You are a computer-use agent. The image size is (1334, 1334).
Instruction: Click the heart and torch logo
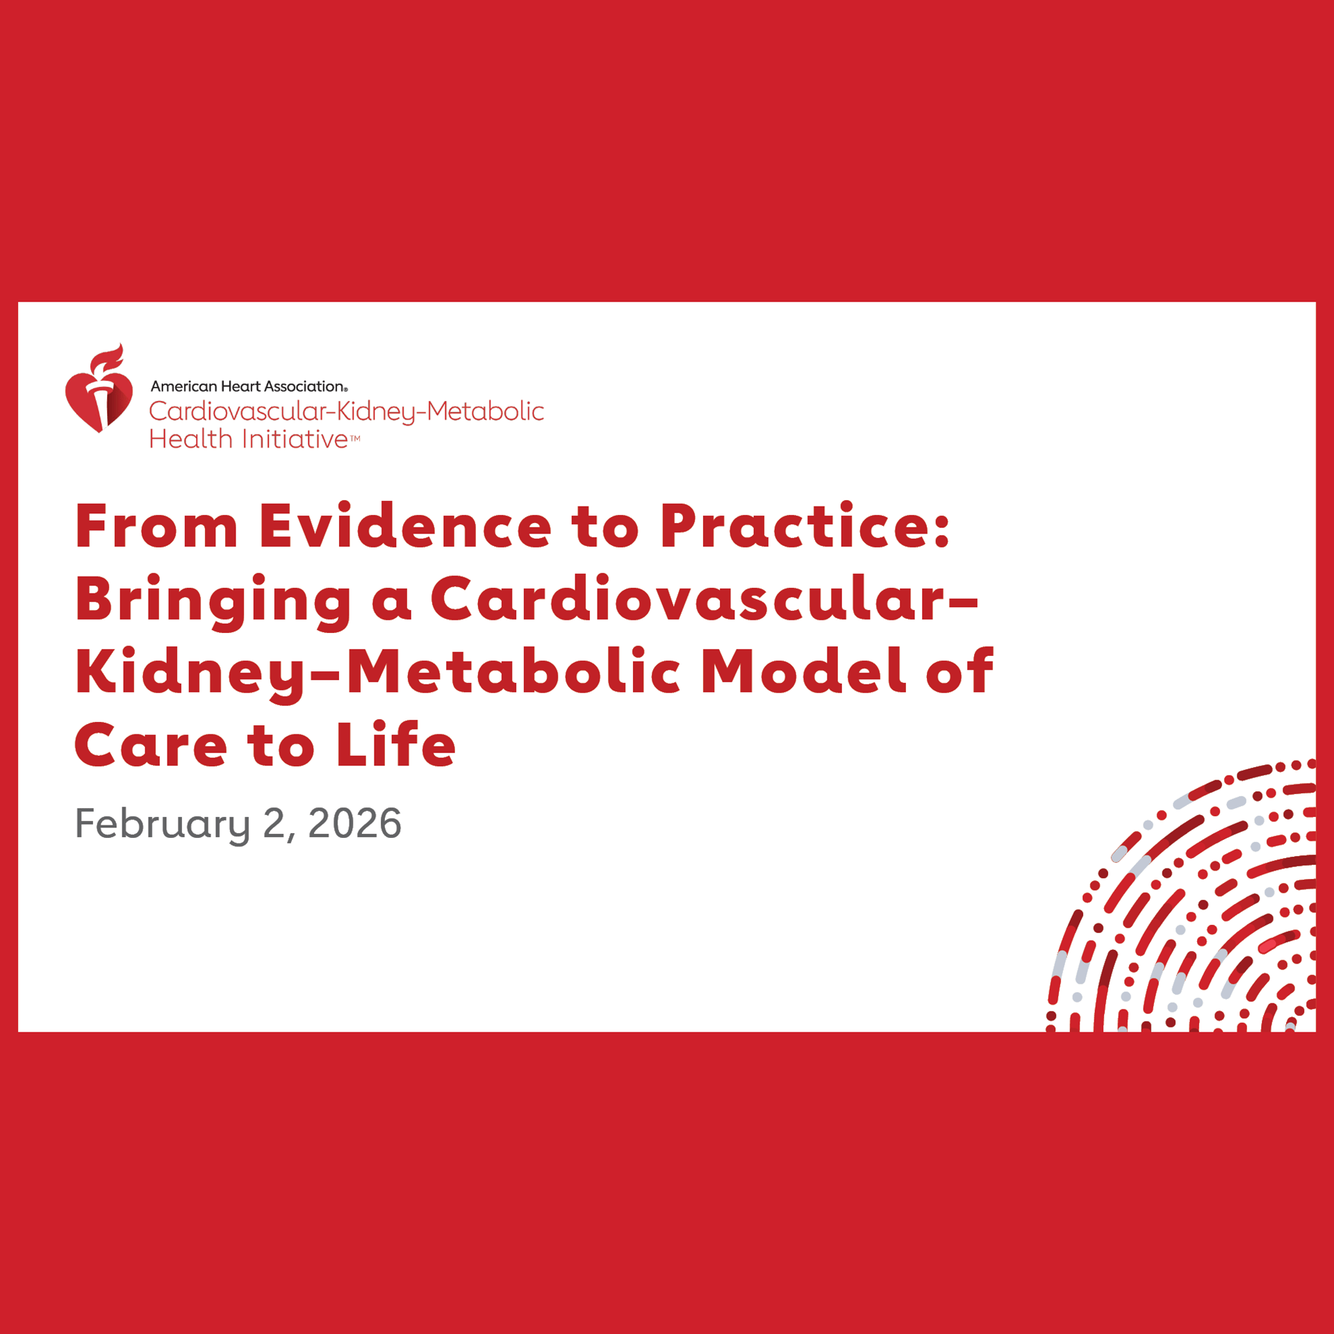(99, 393)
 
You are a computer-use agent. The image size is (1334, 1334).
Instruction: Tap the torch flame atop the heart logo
(108, 358)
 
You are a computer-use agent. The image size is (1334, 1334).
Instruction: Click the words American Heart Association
(247, 386)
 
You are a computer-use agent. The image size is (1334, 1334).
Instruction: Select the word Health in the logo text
(190, 439)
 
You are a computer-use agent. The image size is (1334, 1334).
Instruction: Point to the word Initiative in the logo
(295, 439)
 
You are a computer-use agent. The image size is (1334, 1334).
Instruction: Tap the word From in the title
(156, 526)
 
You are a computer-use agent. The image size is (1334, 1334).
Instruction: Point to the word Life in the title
(396, 745)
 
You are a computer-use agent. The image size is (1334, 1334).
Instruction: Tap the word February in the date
(162, 824)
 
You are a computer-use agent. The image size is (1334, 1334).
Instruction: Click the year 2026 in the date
(354, 823)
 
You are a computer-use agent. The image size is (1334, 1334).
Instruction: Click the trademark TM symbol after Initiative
(354, 438)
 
